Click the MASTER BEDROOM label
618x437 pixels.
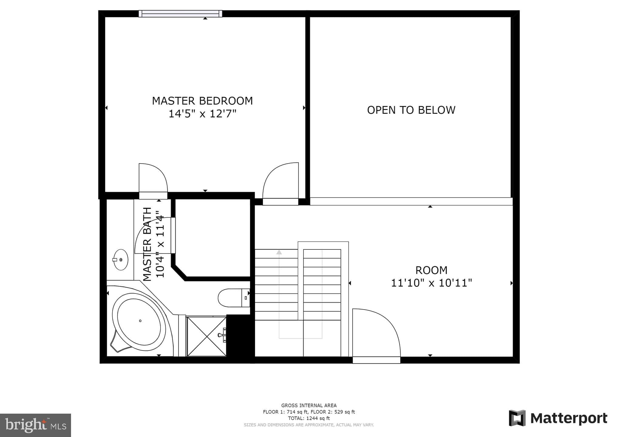(x=202, y=101)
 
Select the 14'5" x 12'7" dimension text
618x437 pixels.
(x=202, y=114)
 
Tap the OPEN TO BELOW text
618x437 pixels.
(x=411, y=110)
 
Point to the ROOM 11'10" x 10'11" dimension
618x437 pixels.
(x=431, y=283)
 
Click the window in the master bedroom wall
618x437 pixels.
(x=181, y=14)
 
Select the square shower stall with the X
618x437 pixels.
(x=206, y=336)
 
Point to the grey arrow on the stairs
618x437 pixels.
(x=279, y=252)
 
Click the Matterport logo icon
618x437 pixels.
(x=517, y=418)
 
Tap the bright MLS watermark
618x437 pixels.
(x=36, y=425)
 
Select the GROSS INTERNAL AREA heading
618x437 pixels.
(x=309, y=405)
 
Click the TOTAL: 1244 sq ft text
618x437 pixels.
(x=309, y=418)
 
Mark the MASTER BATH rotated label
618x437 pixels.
(x=147, y=244)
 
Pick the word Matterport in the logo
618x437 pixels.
(x=569, y=418)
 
